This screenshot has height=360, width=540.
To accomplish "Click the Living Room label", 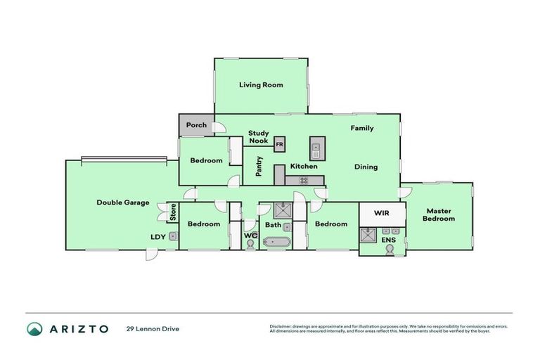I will [261, 85].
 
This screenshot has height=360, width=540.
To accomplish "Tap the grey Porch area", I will [196, 126].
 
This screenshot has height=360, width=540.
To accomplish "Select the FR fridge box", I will [279, 145].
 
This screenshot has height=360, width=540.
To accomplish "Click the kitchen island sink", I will [316, 148].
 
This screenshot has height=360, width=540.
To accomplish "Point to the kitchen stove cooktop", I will [304, 181].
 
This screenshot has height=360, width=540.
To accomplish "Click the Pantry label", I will [259, 166].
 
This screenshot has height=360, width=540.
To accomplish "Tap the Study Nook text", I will [258, 136].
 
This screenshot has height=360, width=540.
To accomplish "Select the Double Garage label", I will [122, 202].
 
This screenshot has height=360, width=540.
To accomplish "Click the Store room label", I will [172, 212].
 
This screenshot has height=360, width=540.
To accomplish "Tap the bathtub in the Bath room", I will [275, 243].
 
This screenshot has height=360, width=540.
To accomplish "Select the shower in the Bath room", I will [283, 210].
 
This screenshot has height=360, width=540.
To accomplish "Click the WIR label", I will [382, 212].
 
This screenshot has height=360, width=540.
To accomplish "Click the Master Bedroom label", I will [438, 214].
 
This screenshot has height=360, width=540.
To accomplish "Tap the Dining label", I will [366, 167].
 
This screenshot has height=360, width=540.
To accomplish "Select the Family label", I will [362, 128].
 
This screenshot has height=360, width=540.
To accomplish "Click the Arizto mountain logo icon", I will [34, 328].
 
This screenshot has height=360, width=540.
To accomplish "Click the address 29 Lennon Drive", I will [153, 328].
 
